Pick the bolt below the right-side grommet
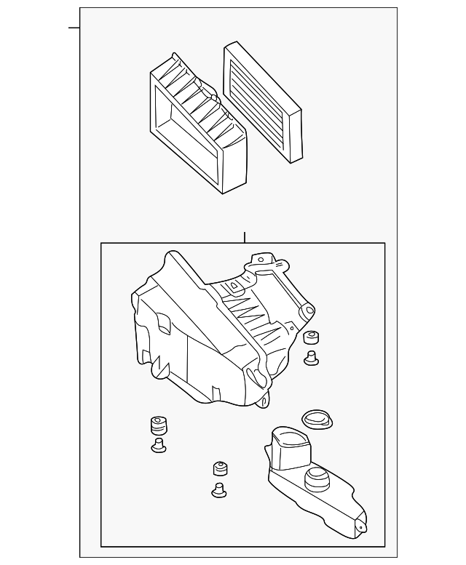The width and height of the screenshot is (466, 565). pos(312,357)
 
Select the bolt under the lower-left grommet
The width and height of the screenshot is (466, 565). pos(158,445)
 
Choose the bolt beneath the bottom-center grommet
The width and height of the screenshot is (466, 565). pos(217,490)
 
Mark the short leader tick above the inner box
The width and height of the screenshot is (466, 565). pos(245,237)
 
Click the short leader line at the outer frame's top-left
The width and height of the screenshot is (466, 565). pos(74,28)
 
